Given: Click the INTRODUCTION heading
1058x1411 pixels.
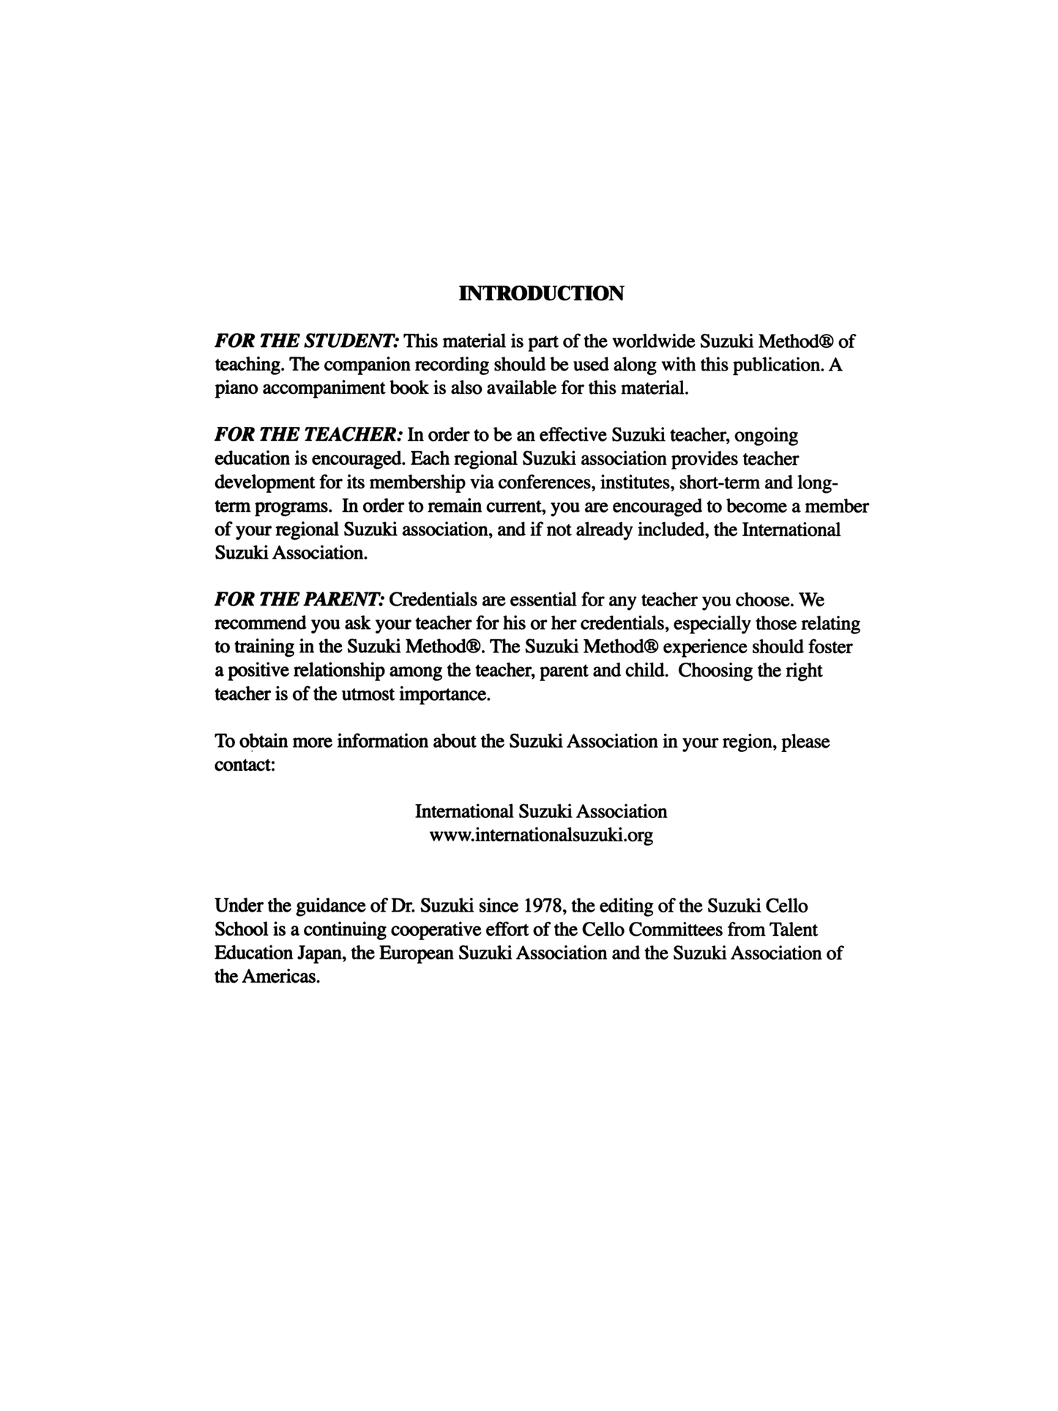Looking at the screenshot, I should tap(541, 294).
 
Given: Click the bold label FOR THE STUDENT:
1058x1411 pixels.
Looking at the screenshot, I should tap(307, 341).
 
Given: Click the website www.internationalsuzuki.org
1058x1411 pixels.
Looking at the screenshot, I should tap(541, 835).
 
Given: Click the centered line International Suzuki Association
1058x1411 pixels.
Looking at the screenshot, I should tap(541, 812).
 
